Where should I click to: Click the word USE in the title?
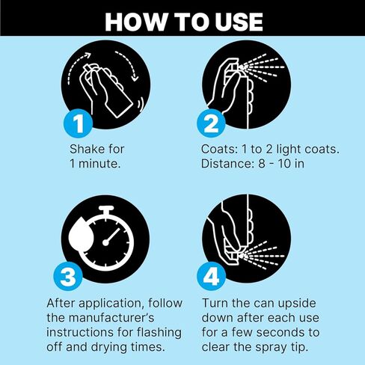coord(239,22)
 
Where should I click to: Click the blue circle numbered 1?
coord(79,123)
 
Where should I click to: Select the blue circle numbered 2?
coord(211,123)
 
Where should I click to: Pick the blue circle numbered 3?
coord(68,276)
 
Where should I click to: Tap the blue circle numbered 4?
coord(211,276)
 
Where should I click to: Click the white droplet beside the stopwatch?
coord(81,233)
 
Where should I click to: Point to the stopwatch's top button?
coord(106,209)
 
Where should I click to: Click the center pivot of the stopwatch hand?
coord(105,242)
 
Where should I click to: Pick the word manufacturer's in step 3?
coord(111,318)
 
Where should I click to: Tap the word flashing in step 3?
coord(159,333)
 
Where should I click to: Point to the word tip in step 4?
coord(298,348)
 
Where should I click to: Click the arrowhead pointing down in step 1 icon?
coord(135,78)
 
